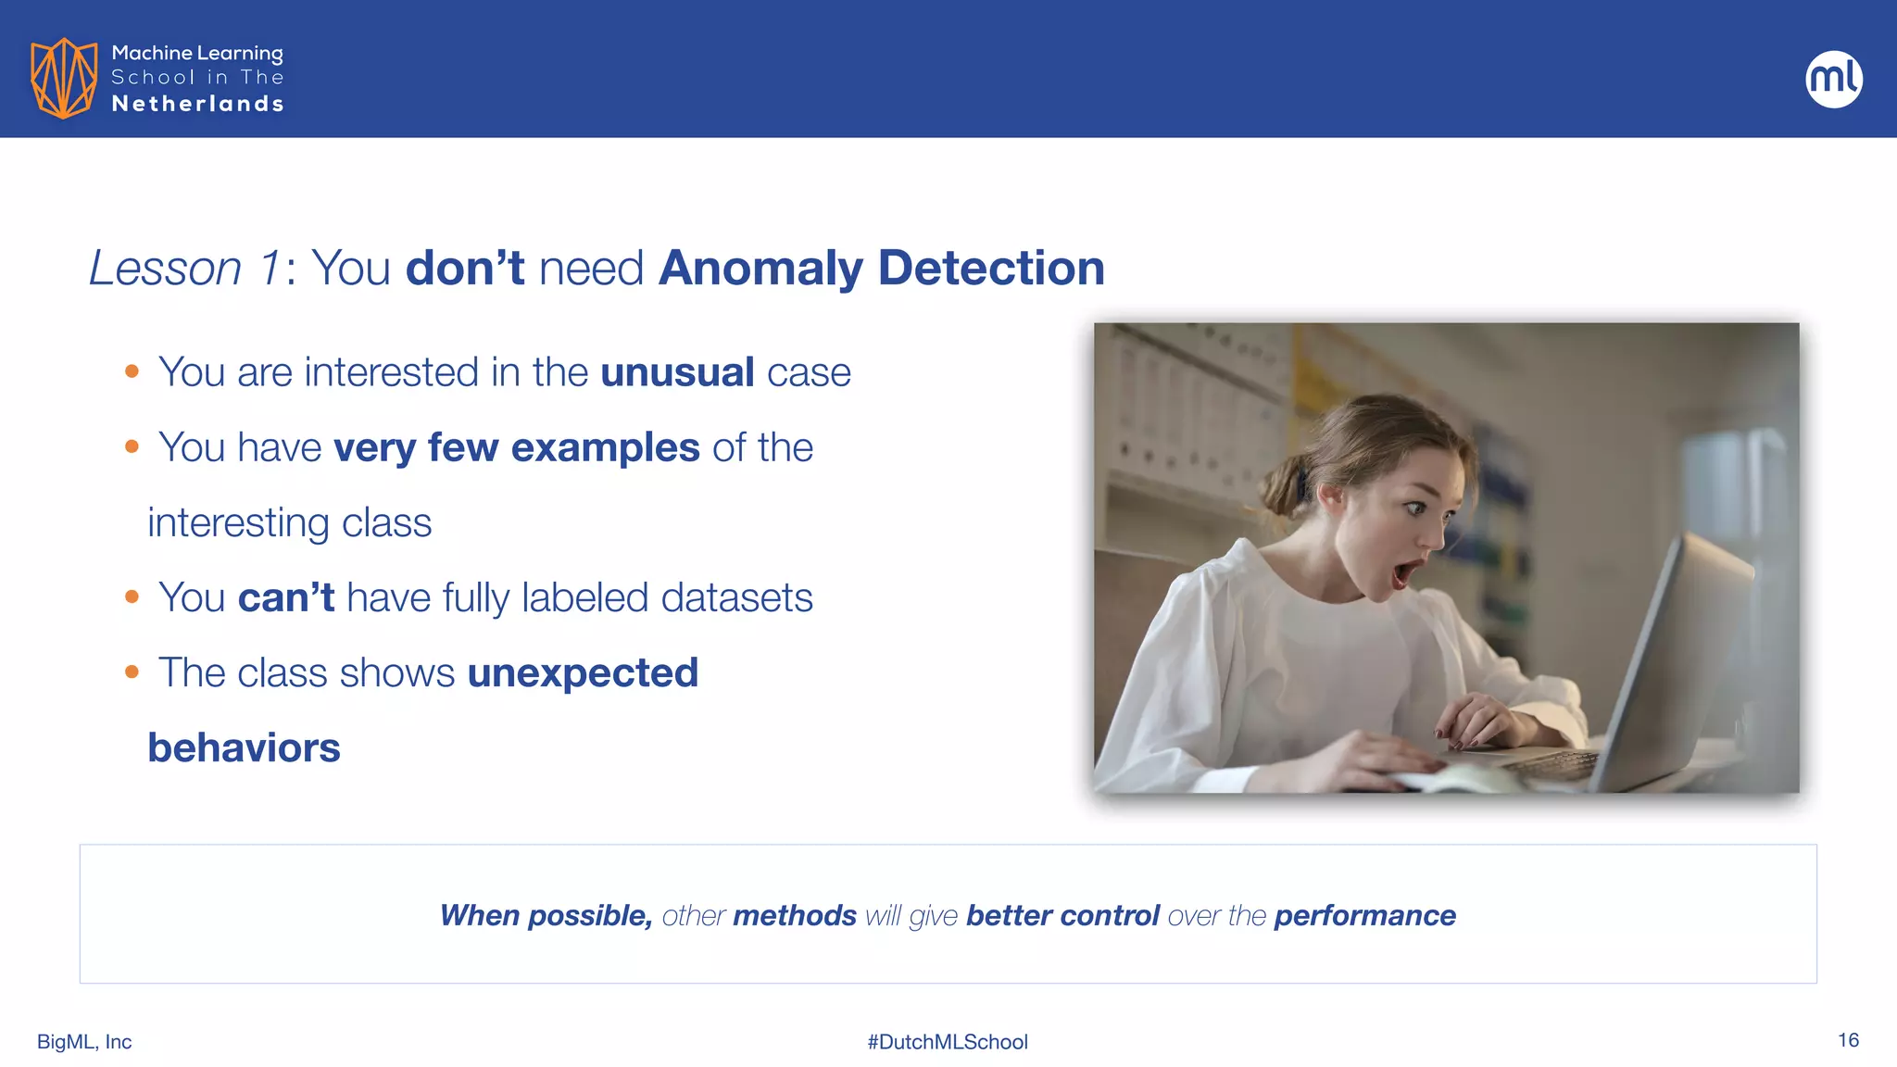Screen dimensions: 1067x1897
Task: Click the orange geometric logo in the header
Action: coord(64,78)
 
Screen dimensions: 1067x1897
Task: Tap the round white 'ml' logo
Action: coord(1833,79)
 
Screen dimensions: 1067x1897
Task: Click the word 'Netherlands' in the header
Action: coord(197,104)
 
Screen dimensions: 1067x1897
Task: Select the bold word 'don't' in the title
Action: coord(465,269)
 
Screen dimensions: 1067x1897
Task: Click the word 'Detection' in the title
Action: coord(991,269)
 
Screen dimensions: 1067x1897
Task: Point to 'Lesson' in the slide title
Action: coord(165,269)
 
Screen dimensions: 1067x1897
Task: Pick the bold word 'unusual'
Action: coord(677,372)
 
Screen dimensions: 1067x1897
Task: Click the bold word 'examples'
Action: coord(605,447)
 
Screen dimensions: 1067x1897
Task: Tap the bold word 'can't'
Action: coord(286,597)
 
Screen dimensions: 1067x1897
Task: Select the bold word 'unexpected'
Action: coord(583,672)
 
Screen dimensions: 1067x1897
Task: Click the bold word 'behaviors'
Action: coord(244,747)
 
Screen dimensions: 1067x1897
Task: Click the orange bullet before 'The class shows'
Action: coord(132,672)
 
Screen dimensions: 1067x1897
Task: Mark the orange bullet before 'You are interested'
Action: coord(132,372)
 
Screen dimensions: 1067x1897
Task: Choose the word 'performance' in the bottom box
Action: coord(1364,915)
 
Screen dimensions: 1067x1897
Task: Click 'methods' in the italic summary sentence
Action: coord(794,915)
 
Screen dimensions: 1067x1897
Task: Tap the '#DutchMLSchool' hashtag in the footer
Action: coord(948,1042)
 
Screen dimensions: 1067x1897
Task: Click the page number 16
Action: coord(1848,1040)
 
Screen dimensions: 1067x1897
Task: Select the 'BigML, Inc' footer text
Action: coord(84,1042)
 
